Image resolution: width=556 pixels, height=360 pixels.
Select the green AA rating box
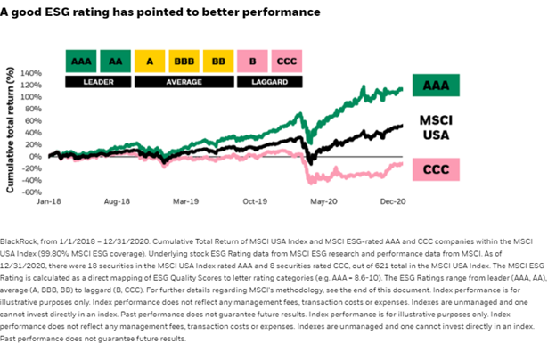pos(117,61)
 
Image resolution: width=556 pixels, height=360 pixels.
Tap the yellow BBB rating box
pos(187,61)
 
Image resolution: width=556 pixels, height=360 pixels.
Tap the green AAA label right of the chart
pos(436,86)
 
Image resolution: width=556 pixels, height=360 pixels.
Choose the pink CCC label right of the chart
pos(436,168)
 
